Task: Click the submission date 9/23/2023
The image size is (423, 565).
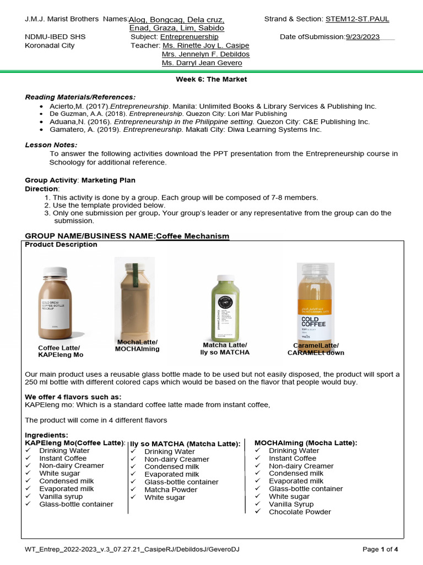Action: click(362, 36)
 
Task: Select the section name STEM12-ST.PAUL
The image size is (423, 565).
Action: click(357, 19)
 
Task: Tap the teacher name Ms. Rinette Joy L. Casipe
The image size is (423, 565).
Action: click(205, 45)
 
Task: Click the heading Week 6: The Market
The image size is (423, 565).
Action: click(211, 79)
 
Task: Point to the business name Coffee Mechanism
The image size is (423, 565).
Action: click(193, 236)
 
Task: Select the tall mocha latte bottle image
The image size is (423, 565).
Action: click(134, 298)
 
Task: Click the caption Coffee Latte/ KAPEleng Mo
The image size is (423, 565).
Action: click(60, 351)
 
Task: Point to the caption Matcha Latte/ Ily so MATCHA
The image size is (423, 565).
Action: click(224, 349)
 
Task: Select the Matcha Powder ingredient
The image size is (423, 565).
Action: click(171, 489)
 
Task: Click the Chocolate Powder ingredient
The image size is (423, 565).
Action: click(300, 511)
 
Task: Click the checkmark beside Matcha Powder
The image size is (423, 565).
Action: click(134, 489)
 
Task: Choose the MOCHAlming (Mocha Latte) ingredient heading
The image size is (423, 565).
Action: click(305, 443)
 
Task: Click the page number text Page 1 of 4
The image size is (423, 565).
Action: click(380, 550)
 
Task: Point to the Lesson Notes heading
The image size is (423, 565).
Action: click(51, 145)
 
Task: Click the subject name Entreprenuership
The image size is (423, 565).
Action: click(189, 36)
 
